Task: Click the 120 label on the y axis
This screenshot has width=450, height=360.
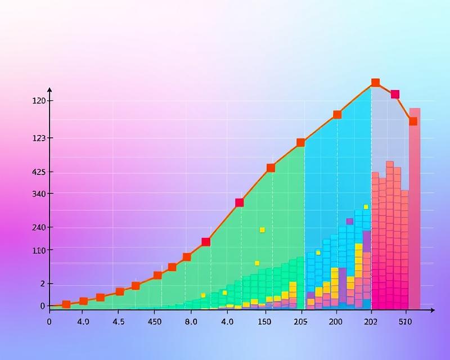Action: pos(39,101)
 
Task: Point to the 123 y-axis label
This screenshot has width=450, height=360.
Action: pos(39,138)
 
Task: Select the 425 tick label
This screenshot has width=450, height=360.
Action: pos(39,172)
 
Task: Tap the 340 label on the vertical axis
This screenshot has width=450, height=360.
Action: pos(39,194)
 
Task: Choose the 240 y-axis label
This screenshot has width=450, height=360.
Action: pos(39,227)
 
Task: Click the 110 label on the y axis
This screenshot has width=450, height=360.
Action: pos(39,250)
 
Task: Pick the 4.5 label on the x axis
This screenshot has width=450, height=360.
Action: pos(119,322)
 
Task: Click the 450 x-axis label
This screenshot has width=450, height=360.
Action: pos(154,322)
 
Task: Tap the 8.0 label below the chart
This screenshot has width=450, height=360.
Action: pos(191,322)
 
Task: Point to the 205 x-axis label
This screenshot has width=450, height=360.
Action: pos(300,322)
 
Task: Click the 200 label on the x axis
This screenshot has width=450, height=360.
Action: pos(335,322)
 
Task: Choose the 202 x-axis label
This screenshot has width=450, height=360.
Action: pos(371,322)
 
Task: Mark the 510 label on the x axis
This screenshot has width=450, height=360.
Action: pos(405,322)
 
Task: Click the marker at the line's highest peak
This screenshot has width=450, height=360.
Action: pos(375,83)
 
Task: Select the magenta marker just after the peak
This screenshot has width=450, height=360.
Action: pos(395,94)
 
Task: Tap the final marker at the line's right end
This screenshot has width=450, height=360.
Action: pos(413,121)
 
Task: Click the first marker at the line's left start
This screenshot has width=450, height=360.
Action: pos(66,304)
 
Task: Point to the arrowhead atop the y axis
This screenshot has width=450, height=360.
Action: pos(49,89)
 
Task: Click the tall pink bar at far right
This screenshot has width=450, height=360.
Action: pos(415,208)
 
